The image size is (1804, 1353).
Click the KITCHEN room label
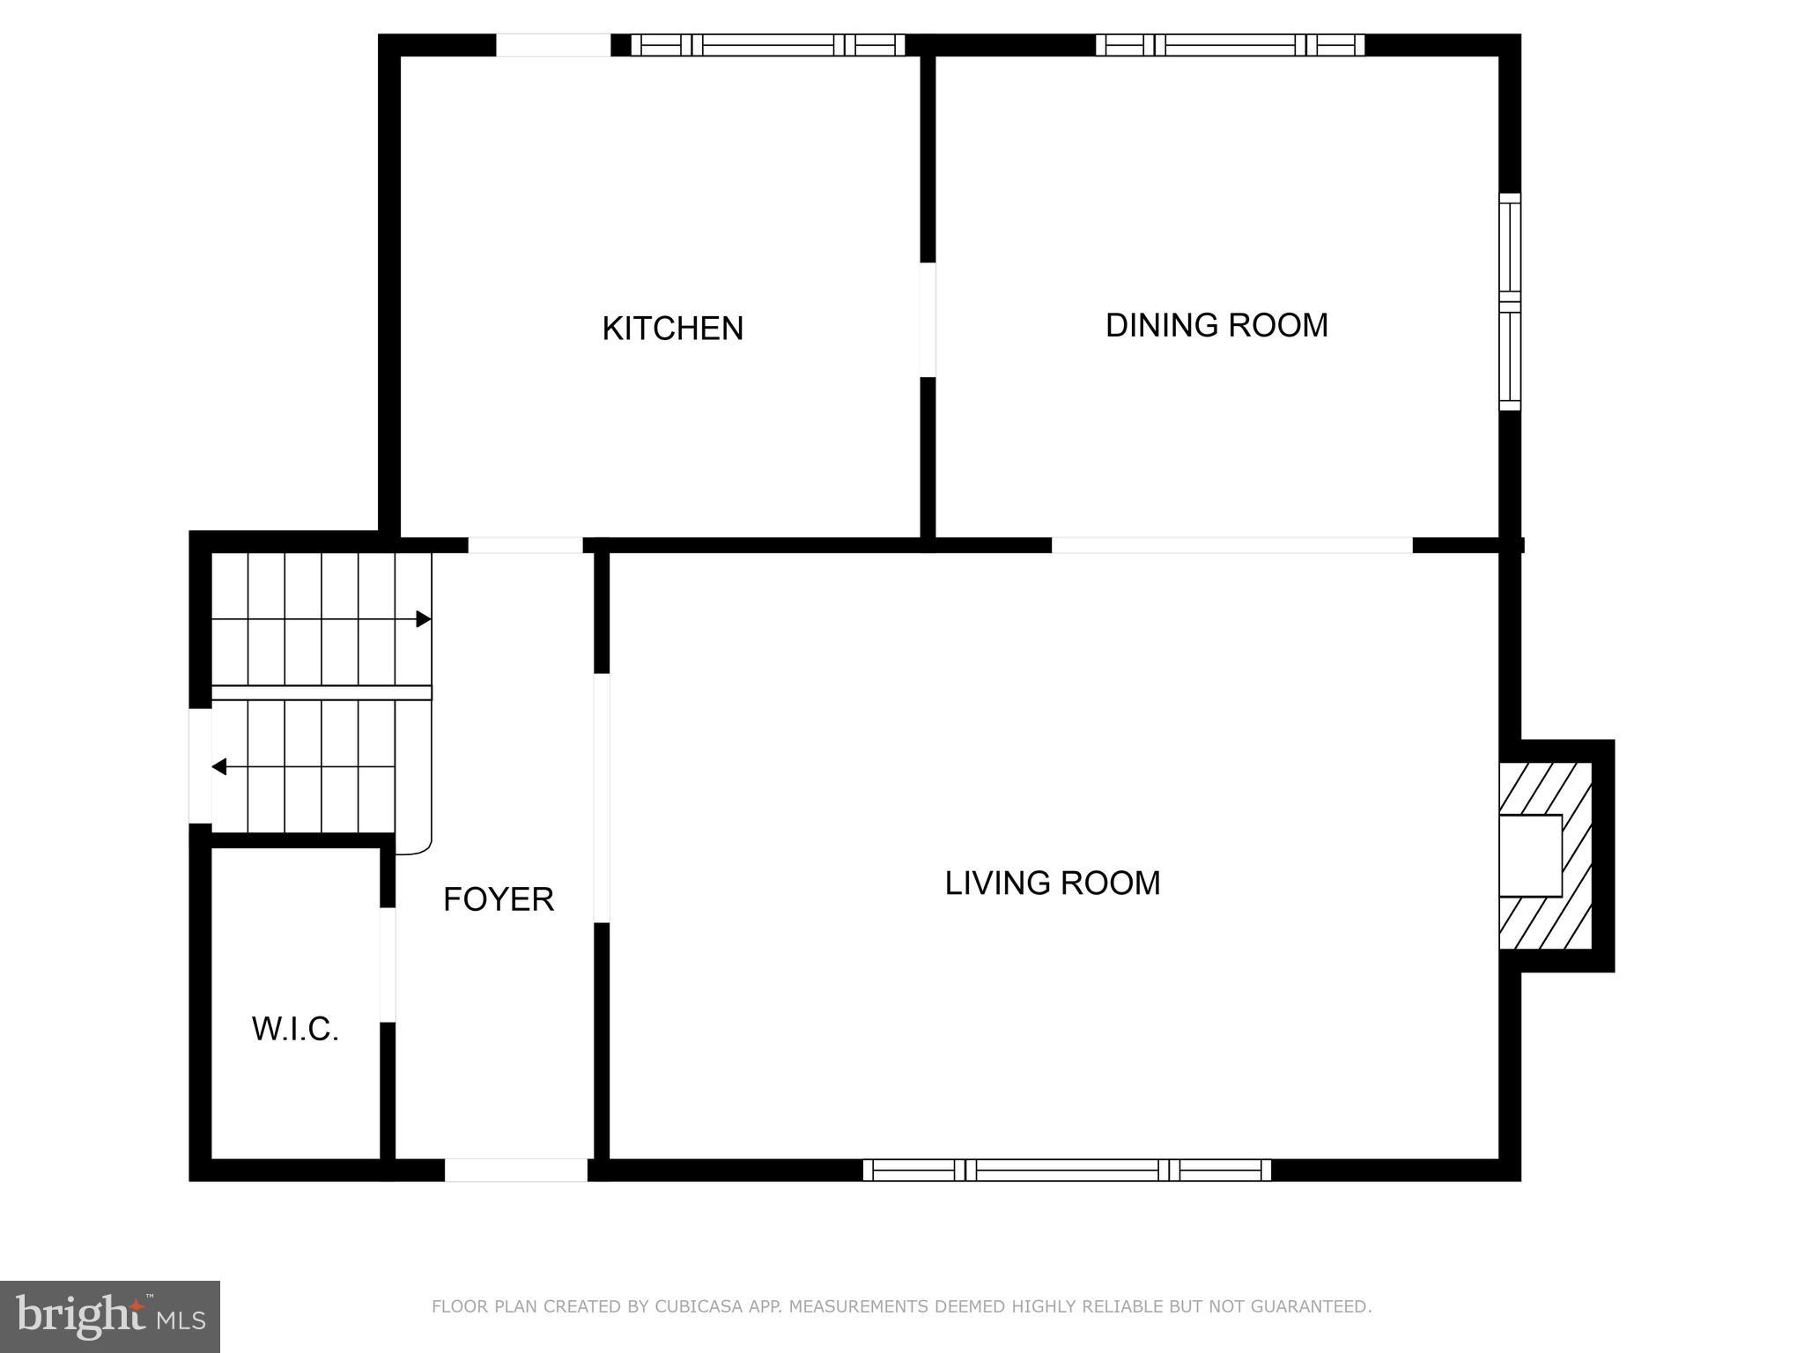pos(672,329)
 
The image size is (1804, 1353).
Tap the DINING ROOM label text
pos(1216,325)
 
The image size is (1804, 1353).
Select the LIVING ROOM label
pos(1052,883)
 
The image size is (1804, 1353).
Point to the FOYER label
pos(498,899)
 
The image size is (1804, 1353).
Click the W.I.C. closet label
pos(295,1029)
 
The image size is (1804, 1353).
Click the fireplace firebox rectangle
pos(1530,856)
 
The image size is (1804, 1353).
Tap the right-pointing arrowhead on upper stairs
pos(424,619)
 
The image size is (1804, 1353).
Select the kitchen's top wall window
pos(767,45)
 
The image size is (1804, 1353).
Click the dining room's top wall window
pos(1230,45)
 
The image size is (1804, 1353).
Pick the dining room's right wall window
pos(1510,301)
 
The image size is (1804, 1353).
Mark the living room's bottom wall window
pos(1066,1170)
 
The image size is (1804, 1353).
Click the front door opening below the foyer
pos(515,1170)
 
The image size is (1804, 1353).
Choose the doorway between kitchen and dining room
pos(928,320)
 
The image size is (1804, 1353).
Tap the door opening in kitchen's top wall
pos(553,45)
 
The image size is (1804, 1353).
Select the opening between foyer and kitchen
pos(525,545)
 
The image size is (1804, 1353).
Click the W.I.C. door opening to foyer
pos(388,965)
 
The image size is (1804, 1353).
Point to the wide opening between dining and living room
pos(1231,545)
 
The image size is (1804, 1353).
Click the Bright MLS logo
pos(110,1316)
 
